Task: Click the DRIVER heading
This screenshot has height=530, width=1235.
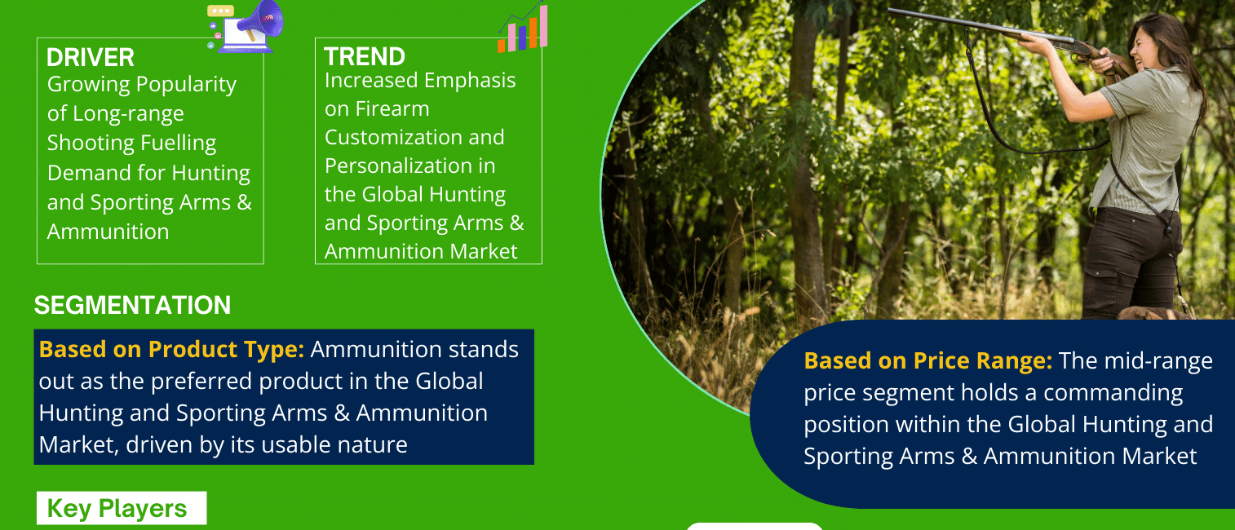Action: click(x=91, y=57)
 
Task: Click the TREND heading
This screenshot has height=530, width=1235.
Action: click(x=365, y=56)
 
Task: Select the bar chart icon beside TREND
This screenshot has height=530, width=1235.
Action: click(x=523, y=28)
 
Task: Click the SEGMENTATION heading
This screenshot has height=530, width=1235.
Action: click(x=132, y=305)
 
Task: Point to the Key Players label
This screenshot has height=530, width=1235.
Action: click(x=117, y=508)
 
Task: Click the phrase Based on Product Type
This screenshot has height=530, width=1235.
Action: click(x=171, y=349)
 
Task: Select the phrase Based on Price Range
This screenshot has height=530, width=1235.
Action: click(x=928, y=361)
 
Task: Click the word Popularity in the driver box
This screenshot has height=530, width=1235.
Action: click(x=186, y=85)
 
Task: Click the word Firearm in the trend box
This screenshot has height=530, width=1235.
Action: click(x=392, y=109)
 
